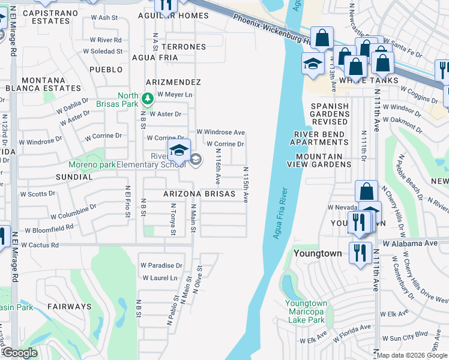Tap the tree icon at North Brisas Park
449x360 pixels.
(147, 98)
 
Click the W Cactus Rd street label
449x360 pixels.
(38, 245)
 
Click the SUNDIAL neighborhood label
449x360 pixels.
(74, 178)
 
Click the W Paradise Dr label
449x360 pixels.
(161, 265)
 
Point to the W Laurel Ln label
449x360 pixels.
(160, 278)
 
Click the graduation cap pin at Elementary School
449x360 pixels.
(179, 150)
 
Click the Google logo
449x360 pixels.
(20, 353)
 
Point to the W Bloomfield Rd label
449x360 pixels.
(49, 229)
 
